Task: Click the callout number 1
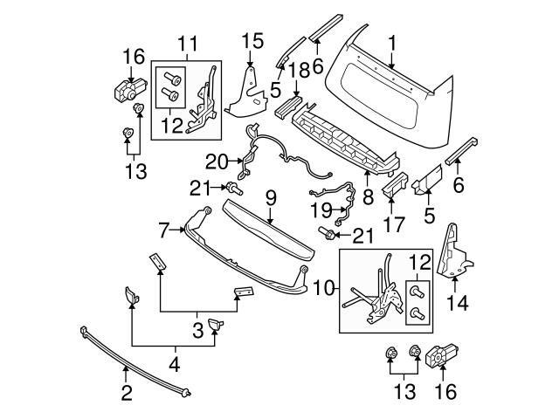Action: point(392,41)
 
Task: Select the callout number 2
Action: point(127,394)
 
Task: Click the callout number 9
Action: point(272,198)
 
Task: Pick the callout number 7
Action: point(163,230)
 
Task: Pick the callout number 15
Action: point(252,40)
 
